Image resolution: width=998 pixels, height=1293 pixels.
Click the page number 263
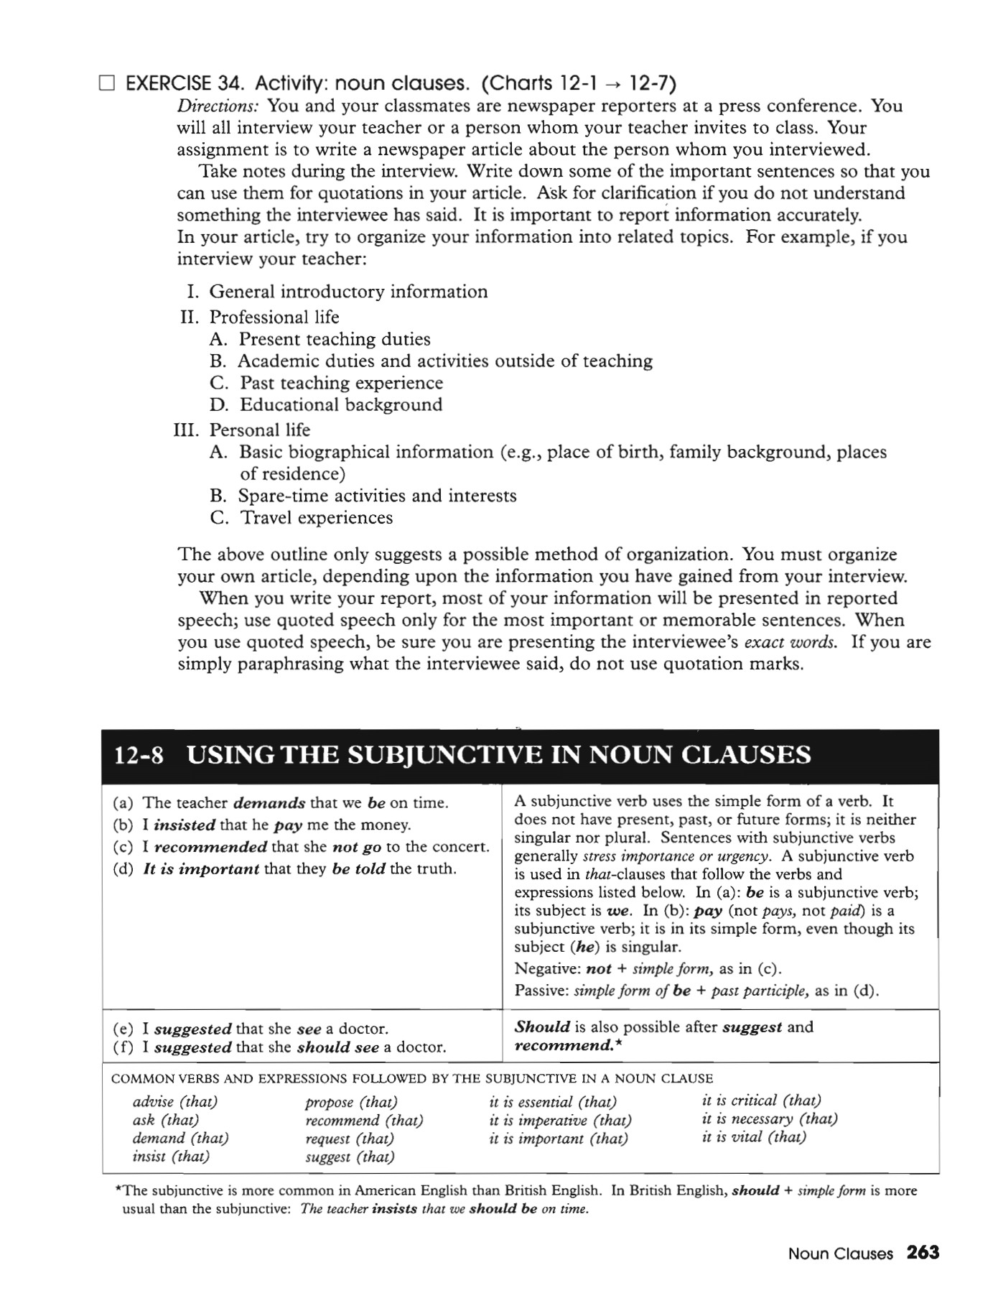(x=923, y=1253)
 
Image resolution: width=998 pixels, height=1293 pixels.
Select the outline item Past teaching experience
(x=341, y=383)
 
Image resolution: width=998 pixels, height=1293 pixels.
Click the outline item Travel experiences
(x=316, y=518)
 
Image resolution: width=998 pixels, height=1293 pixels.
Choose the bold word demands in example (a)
(x=269, y=803)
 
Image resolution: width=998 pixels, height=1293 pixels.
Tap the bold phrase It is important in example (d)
(x=201, y=869)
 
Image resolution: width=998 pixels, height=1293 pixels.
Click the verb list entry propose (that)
(x=351, y=1102)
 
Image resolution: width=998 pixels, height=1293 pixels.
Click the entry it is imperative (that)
(x=560, y=1121)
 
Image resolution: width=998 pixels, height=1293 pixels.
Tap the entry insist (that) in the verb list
(x=171, y=1157)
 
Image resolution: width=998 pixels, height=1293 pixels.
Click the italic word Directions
(x=218, y=106)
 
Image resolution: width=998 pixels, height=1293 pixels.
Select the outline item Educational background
(x=340, y=405)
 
